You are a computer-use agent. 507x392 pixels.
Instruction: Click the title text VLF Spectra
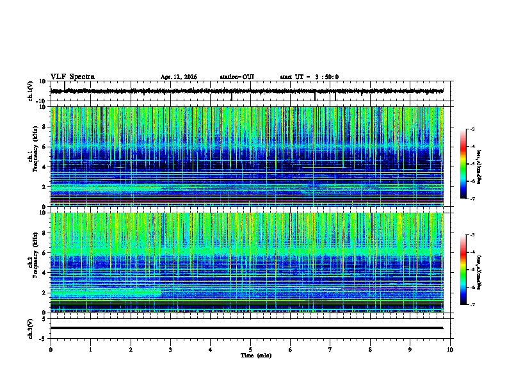pos(72,77)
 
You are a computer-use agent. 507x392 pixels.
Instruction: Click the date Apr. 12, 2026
pos(179,77)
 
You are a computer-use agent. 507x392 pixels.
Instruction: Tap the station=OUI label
pos(237,77)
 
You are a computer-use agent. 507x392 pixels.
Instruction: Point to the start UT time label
pos(309,77)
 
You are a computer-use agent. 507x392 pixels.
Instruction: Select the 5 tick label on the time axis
pos(250,350)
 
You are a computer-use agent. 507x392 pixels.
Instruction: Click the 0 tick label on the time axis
pos(51,350)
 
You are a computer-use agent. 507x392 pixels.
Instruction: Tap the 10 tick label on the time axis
pos(450,350)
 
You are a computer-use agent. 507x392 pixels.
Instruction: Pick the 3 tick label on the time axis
pos(170,350)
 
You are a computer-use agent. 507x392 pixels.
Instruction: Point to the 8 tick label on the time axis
pos(370,350)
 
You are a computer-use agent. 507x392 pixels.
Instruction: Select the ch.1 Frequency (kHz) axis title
pos(31,156)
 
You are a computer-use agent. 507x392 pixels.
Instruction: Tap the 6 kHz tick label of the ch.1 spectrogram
pos(45,147)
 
